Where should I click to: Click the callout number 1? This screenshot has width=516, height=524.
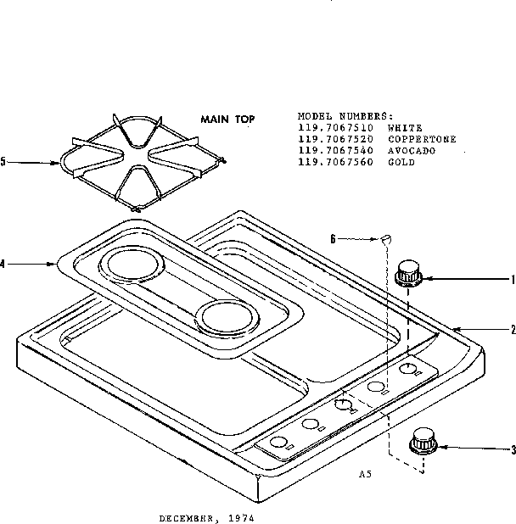[x=513, y=278]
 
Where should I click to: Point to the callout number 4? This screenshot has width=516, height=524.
[x=3, y=264]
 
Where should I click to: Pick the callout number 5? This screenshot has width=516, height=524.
[x=3, y=160]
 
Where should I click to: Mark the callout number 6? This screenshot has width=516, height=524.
[x=334, y=239]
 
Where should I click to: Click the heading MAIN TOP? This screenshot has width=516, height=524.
[x=227, y=120]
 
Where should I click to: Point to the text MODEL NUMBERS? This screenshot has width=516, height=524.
[x=345, y=114]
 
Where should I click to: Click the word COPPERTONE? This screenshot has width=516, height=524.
[x=422, y=138]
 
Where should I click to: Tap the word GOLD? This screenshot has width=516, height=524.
[x=401, y=162]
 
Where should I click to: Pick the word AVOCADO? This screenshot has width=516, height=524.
[x=412, y=150]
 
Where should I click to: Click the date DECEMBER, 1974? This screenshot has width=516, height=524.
[x=206, y=516]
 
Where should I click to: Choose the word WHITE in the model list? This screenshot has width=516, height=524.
[x=404, y=126]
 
